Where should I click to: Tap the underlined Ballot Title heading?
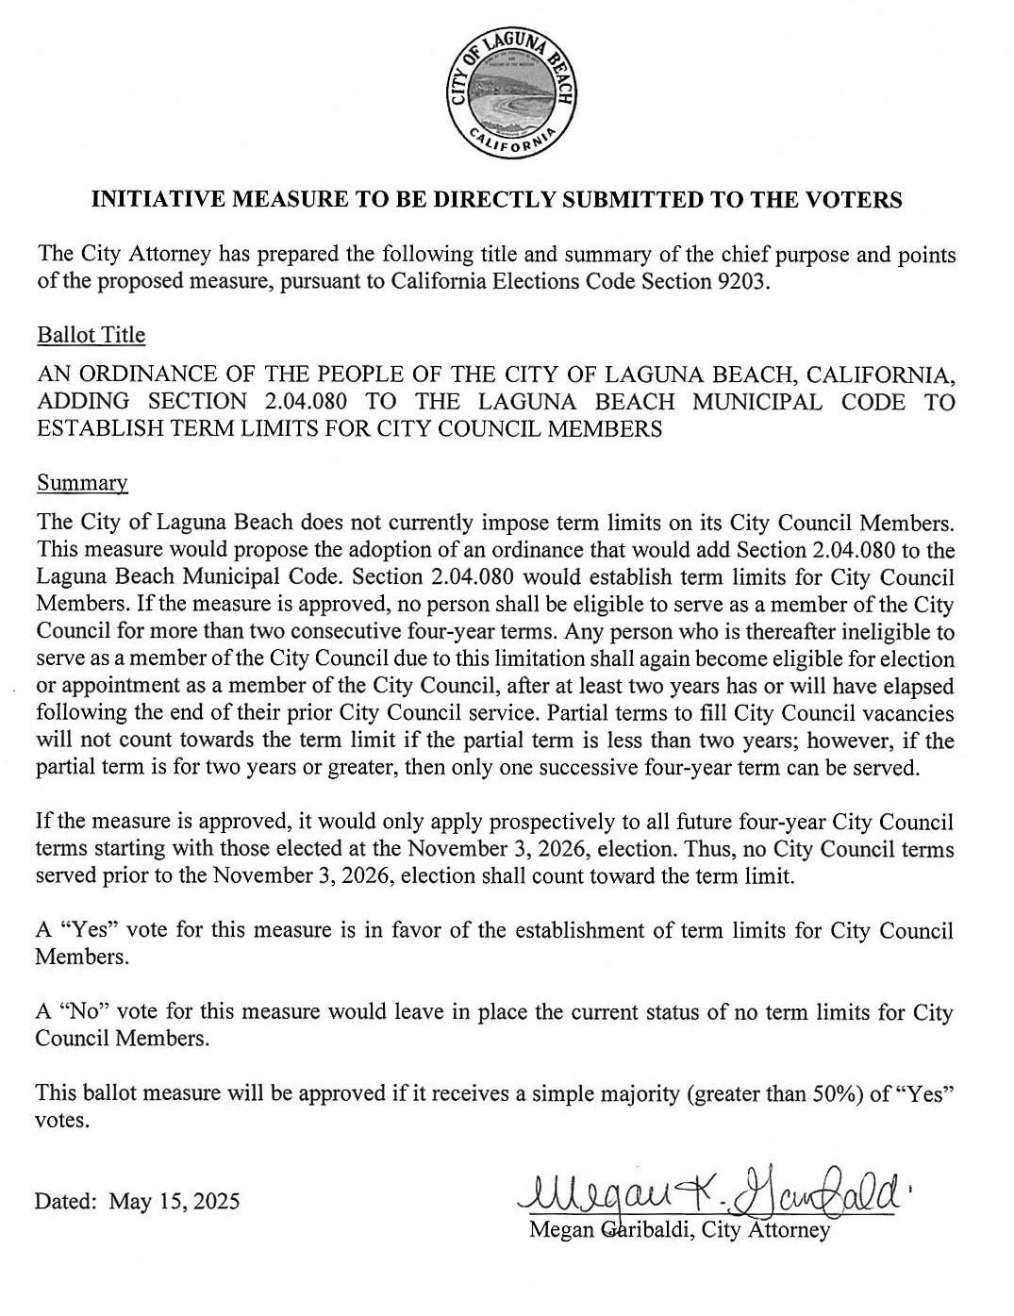pyautogui.click(x=91, y=335)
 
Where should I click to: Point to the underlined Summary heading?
pyautogui.click(x=82, y=483)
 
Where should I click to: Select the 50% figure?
pyautogui.click(x=835, y=1094)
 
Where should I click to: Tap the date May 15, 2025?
pyautogui.click(x=175, y=1201)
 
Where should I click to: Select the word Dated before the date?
pyautogui.click(x=65, y=1201)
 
